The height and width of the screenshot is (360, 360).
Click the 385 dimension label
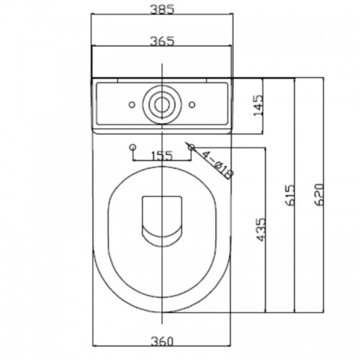(x=161, y=10)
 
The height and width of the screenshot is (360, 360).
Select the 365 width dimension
(x=161, y=41)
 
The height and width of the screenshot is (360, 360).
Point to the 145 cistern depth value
(x=258, y=105)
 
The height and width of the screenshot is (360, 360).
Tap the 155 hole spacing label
(x=162, y=156)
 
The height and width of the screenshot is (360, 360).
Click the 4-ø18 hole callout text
(x=217, y=165)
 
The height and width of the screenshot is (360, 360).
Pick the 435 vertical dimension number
(x=261, y=230)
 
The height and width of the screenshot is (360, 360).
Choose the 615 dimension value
(x=289, y=195)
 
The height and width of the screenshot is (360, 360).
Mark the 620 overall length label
(x=319, y=195)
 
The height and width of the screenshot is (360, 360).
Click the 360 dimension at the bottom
(x=162, y=341)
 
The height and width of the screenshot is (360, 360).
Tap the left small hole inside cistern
(x=132, y=104)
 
